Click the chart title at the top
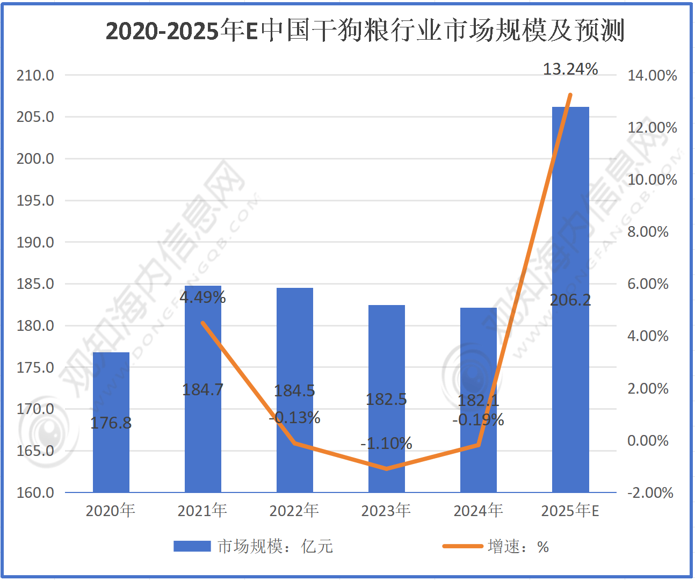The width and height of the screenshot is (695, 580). pyautogui.click(x=365, y=31)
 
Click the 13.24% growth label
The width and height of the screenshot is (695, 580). pyautogui.click(x=570, y=69)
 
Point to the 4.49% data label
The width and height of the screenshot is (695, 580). pyautogui.click(x=202, y=297)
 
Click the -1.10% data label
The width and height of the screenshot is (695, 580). pyautogui.click(x=386, y=444)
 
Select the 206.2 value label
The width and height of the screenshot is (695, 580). pyautogui.click(x=570, y=300)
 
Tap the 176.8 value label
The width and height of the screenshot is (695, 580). pyautogui.click(x=111, y=423)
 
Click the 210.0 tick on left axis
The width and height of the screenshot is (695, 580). pyautogui.click(x=35, y=75)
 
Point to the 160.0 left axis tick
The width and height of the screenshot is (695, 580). pyautogui.click(x=35, y=492)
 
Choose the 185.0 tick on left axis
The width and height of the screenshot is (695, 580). pyautogui.click(x=35, y=284)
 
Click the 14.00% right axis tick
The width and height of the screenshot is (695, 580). pyautogui.click(x=652, y=75)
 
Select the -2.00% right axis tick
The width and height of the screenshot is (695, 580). pyautogui.click(x=650, y=492)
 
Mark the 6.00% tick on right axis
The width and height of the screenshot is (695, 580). pyautogui.click(x=648, y=284)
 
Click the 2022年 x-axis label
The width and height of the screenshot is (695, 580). pyautogui.click(x=294, y=510)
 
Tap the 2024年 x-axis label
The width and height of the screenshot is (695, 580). pyautogui.click(x=478, y=510)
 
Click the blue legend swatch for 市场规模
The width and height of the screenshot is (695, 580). pyautogui.click(x=192, y=546)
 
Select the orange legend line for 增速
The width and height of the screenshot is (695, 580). pyautogui.click(x=462, y=546)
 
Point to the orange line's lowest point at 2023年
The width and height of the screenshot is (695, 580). pyautogui.click(x=386, y=469)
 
